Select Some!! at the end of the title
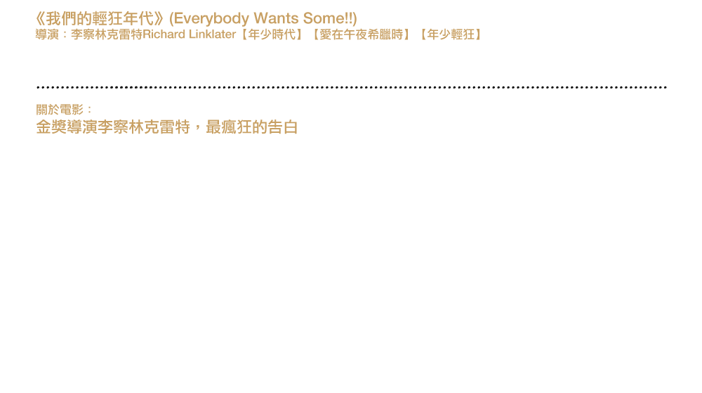(328, 18)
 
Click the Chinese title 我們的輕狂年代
(100, 19)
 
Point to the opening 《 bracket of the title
(40, 19)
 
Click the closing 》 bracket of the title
(159, 19)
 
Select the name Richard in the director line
(164, 34)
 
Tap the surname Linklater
(212, 34)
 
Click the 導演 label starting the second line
(47, 34)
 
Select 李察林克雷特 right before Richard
(107, 34)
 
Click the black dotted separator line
(352, 87)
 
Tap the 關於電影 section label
(60, 110)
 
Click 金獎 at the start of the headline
(51, 127)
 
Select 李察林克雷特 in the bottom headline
(144, 127)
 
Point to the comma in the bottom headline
(196, 131)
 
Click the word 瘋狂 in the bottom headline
(237, 127)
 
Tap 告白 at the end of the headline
(282, 127)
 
